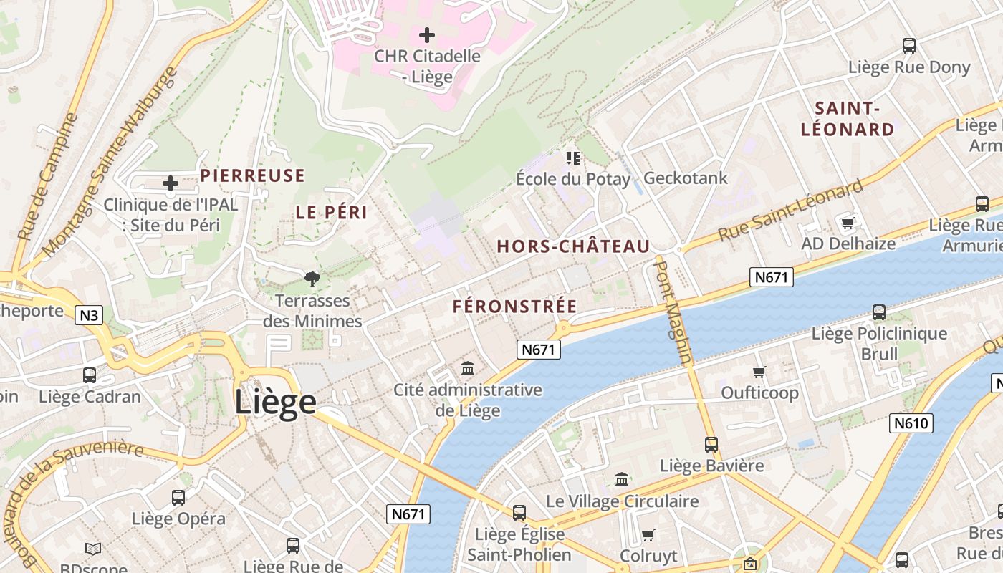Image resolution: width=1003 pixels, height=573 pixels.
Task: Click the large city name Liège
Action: coord(275,402)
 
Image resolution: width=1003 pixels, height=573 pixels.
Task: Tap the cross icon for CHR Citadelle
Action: coord(427,34)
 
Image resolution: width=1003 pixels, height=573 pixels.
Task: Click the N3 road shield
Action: coord(89,315)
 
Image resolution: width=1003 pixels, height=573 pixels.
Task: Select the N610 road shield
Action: coord(911,423)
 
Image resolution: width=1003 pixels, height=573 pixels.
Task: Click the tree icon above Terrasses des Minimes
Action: coord(312,279)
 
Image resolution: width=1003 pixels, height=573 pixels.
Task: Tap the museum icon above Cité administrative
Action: coord(468,368)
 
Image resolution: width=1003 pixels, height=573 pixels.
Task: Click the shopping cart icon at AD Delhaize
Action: coord(848,223)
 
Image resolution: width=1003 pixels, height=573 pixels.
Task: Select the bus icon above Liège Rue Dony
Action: coord(909,46)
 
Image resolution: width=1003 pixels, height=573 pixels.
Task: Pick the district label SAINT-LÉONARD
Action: coord(848,119)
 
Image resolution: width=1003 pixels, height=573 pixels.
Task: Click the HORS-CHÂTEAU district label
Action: coord(573,246)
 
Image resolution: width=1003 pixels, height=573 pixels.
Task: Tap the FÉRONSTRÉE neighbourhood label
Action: coord(514,307)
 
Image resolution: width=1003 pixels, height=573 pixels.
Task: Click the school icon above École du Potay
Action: coord(572,158)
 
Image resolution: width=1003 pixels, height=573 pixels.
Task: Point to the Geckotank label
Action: coord(686,178)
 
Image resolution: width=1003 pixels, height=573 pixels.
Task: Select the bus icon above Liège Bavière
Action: coord(711,444)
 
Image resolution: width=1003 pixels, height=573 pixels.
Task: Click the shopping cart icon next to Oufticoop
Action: coord(759,371)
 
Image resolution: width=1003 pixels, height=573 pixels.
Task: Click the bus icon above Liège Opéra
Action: coord(178,497)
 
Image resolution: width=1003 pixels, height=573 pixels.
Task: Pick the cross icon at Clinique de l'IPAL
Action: coord(171,183)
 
